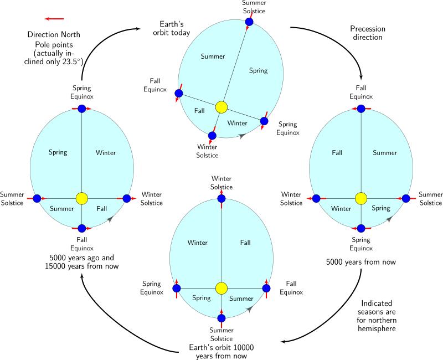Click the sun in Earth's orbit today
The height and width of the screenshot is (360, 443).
pyautogui.click(x=221, y=107)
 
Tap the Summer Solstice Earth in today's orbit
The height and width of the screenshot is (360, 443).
pyautogui.click(x=249, y=22)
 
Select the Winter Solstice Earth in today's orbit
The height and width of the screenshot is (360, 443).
pyautogui.click(x=212, y=135)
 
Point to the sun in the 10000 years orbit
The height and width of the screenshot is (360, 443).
pyautogui.click(x=221, y=288)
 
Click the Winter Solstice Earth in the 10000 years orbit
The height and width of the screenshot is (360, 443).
pyautogui.click(x=221, y=198)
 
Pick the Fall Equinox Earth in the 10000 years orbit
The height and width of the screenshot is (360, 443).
pyautogui.click(x=266, y=288)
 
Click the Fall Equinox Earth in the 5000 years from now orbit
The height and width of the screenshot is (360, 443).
pyautogui.click(x=361, y=109)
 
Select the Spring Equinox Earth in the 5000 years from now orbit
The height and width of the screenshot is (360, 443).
pyautogui.click(x=361, y=228)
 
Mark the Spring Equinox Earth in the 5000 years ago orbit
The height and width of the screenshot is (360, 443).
pyautogui.click(x=82, y=109)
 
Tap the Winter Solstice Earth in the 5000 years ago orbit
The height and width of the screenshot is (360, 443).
pyautogui.click(x=127, y=198)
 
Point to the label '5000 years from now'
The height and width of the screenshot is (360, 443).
pyautogui.click(x=361, y=261)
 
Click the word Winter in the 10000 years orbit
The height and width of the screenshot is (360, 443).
pyautogui.click(x=198, y=242)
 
